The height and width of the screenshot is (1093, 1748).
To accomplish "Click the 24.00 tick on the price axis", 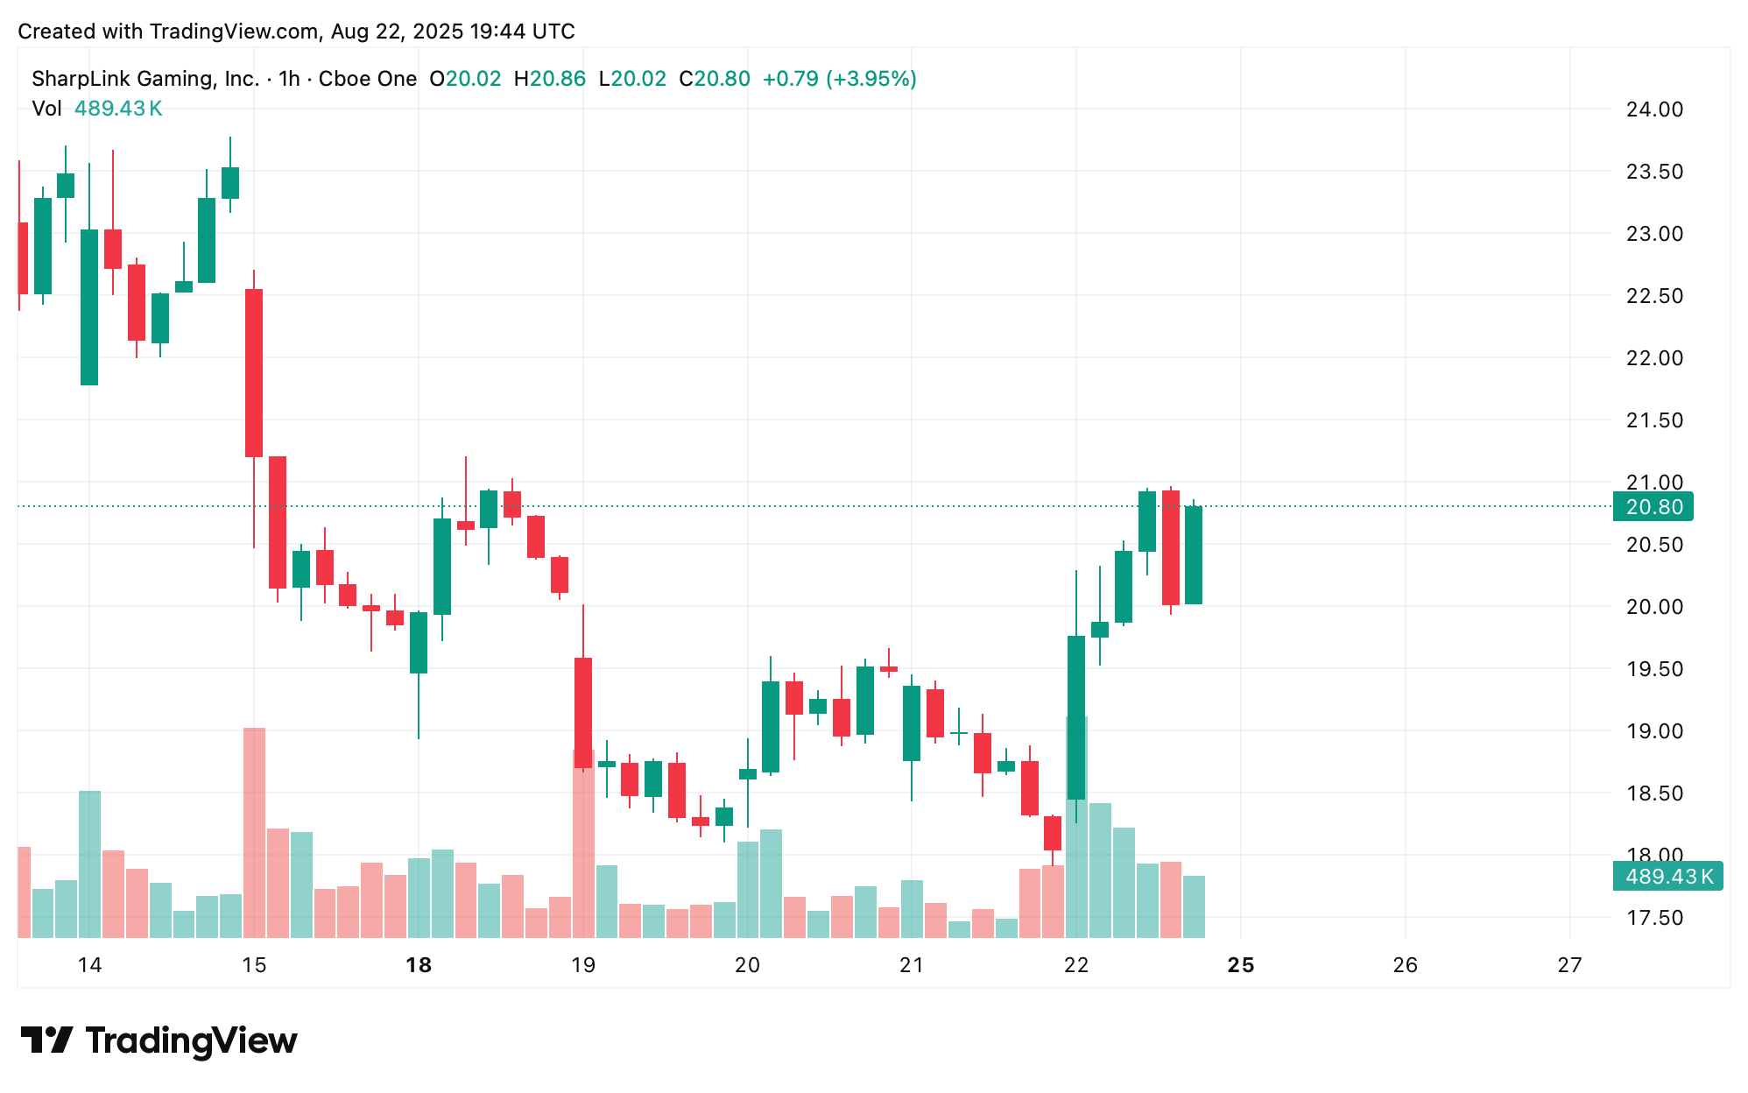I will (x=1653, y=109).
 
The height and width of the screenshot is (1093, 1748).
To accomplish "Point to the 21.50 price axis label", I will (x=1653, y=420).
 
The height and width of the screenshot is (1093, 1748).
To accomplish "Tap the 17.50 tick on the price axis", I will (x=1653, y=918).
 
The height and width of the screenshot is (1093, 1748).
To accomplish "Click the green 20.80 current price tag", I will (x=1653, y=507).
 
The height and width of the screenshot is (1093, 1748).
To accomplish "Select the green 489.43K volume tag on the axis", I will (x=1667, y=877).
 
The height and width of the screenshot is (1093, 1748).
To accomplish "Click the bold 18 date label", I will (x=419, y=965).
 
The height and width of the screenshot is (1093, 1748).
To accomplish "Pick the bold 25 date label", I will (x=1241, y=965).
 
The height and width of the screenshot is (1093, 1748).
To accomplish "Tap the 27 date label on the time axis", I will (x=1569, y=965).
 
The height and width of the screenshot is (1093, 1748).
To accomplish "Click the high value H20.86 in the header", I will (x=549, y=79).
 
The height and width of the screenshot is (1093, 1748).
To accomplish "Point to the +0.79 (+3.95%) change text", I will (x=839, y=79).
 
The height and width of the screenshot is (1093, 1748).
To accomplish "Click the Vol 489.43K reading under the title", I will (x=97, y=109).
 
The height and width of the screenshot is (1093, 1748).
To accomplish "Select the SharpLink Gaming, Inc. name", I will (x=145, y=79).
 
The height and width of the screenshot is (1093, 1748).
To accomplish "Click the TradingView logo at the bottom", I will (x=159, y=1040).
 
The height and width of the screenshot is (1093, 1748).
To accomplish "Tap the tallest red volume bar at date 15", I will (x=254, y=832).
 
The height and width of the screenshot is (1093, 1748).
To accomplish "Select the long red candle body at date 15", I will (x=254, y=372).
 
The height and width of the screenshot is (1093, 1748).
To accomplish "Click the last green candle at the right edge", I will (x=1194, y=555).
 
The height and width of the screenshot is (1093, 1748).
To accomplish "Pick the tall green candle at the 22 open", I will (x=1076, y=717).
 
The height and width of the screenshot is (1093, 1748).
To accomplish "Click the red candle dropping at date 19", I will (x=582, y=713).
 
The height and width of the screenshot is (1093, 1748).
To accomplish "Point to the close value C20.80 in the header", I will (x=715, y=79).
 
